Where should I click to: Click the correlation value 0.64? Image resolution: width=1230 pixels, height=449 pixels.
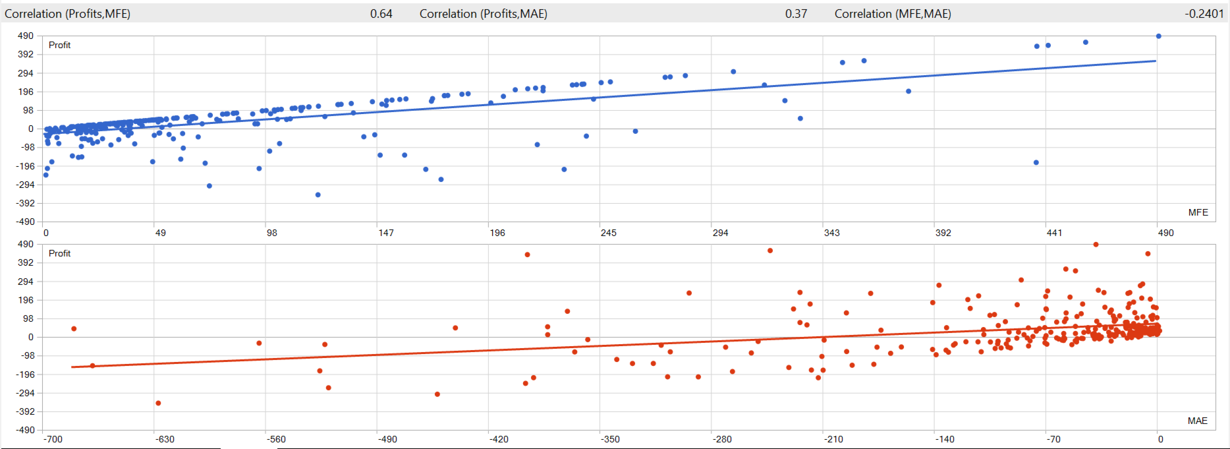pos(381,14)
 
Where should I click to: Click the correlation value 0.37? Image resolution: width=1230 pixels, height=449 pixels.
pos(796,14)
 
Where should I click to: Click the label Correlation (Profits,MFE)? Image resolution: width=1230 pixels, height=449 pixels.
pos(68,14)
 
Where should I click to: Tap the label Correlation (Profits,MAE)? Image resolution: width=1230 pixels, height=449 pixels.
pos(483,14)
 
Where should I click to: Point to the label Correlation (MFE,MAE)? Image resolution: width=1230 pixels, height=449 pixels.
pos(893,14)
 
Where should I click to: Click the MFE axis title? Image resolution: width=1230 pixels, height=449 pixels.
pos(1198,212)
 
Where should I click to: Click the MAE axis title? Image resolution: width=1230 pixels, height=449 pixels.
pos(1197,421)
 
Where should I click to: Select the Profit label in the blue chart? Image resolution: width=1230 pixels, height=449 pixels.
pos(59,45)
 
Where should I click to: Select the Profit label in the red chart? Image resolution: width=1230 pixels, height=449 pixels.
pos(59,253)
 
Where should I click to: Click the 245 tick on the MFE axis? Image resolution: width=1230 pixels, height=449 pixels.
pos(608,233)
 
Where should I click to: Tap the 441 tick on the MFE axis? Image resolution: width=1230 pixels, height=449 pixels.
pos(1054,233)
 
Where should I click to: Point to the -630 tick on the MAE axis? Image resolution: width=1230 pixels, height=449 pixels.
pos(165,439)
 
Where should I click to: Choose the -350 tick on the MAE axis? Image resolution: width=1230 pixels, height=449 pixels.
pos(610,439)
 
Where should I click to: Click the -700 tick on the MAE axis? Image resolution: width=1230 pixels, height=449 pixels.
pos(53,439)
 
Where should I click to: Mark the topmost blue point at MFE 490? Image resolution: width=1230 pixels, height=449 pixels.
pos(1158,36)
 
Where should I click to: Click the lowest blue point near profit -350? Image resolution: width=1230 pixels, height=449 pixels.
pos(318,195)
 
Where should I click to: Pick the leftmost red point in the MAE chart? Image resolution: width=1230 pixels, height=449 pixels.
pos(74,328)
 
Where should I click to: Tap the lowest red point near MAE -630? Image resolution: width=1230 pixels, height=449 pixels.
pos(158,403)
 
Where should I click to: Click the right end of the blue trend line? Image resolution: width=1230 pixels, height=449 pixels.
pos(1156,61)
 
